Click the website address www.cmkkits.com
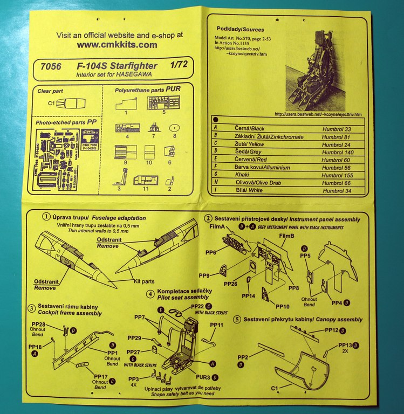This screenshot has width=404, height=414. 117,45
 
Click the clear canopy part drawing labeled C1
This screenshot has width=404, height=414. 69,102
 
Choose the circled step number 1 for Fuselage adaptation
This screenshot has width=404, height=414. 45,217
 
